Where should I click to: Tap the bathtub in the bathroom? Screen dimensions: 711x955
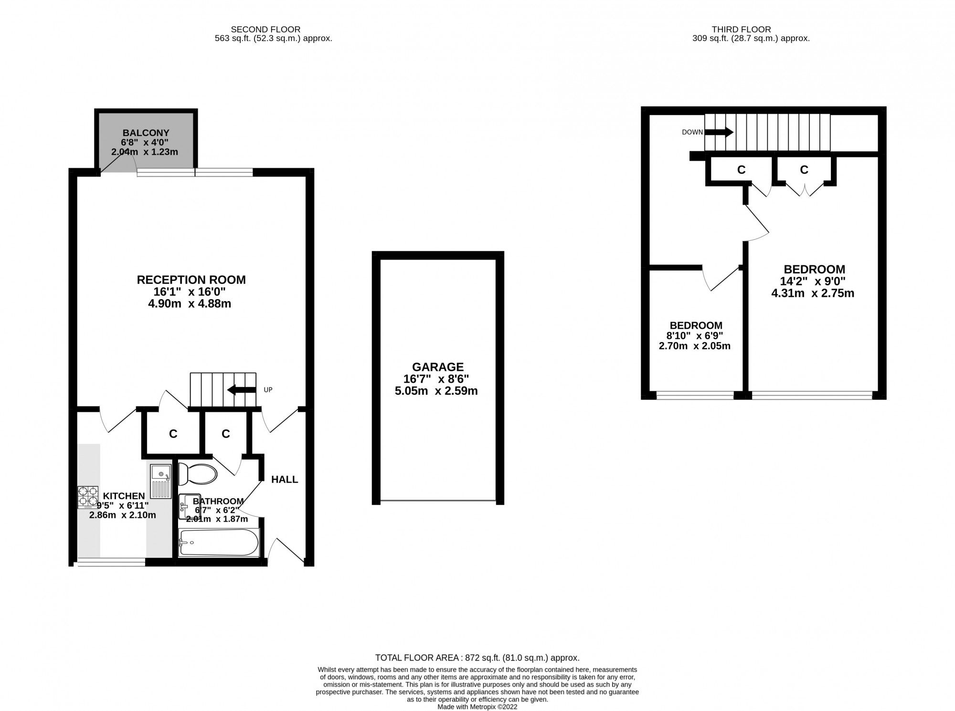click(x=219, y=542)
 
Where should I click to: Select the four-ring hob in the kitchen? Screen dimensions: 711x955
click(x=87, y=496)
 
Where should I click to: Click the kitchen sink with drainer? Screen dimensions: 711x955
click(x=160, y=481)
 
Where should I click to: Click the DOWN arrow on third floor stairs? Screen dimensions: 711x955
click(x=719, y=132)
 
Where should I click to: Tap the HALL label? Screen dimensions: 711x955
click(x=285, y=479)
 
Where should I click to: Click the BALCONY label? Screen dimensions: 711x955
click(x=146, y=133)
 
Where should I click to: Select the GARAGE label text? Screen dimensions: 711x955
click(x=438, y=367)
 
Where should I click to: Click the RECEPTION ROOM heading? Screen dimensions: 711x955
click(x=191, y=280)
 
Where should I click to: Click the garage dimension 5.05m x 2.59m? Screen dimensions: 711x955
click(x=436, y=391)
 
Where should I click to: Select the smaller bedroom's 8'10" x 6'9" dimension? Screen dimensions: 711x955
click(x=696, y=335)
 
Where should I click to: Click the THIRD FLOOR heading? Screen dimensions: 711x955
click(x=751, y=30)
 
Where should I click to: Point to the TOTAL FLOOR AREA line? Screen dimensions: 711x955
click(x=477, y=658)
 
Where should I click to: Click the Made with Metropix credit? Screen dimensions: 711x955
click(x=477, y=707)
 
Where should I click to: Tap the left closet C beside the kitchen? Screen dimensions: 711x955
click(x=173, y=434)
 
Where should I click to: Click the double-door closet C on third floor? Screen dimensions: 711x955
click(x=804, y=169)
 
